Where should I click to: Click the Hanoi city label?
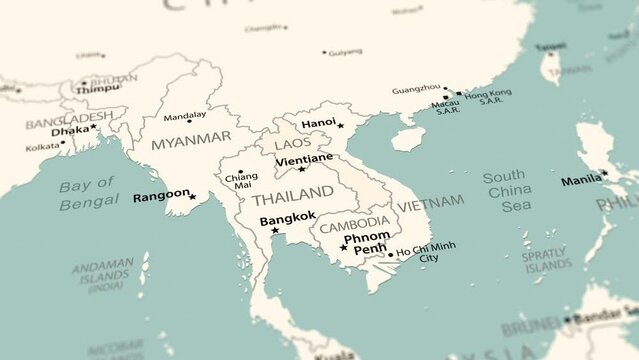[x=318, y=123]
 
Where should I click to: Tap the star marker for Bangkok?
[x=275, y=231]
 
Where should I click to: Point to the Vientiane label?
[x=304, y=159]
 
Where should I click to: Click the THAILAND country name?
[x=293, y=192]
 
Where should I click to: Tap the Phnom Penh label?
[x=366, y=242]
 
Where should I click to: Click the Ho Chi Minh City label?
[x=426, y=252]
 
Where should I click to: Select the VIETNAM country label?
[x=431, y=202]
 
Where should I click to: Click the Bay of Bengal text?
[x=89, y=195]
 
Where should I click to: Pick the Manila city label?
[x=580, y=180]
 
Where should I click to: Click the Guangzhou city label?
[x=416, y=89]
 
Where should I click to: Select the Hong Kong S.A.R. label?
[x=487, y=96]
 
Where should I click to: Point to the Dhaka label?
[x=69, y=130]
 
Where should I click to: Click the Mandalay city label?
[x=184, y=115]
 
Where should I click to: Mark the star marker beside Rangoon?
[x=193, y=196]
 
